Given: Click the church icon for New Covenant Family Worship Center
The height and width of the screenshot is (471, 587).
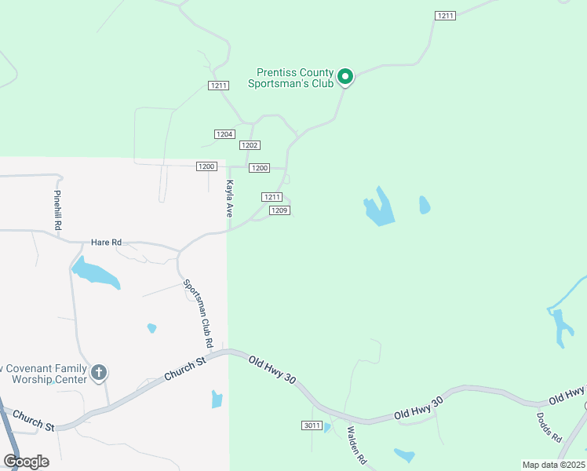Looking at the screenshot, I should pos(99,372).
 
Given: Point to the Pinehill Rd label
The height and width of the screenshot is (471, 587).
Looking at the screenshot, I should pos(57,210).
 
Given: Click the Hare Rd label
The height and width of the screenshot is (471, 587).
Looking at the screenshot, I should pos(106,243).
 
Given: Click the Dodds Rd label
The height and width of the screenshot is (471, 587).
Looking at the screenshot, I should pos(549,426).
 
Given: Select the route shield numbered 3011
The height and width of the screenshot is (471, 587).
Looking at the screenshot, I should pos(311,425).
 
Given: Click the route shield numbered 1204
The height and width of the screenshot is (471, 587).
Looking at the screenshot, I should pos(224,134).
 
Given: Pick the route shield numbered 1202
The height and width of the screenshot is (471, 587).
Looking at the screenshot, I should pos(250,145).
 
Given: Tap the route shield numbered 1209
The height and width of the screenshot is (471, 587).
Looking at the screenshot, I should pos(280,210).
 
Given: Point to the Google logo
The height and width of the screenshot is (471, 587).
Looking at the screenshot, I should pos(27,461).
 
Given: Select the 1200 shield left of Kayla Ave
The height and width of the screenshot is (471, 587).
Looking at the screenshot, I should pos(206,166).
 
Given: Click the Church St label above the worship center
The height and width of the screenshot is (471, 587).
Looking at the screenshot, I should pos(185,368).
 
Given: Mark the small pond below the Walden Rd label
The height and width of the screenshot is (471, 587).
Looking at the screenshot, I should pos(404,455).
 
